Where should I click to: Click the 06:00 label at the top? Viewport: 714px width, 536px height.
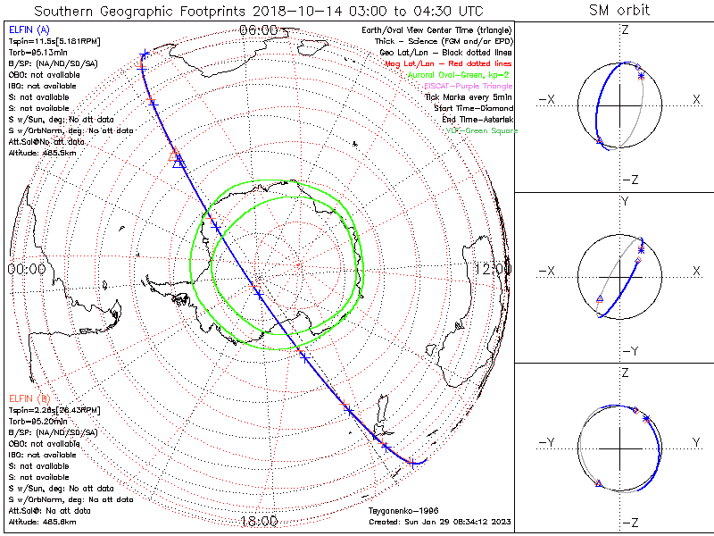pos(258,29)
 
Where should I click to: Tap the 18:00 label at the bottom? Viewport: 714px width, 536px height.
pos(258,521)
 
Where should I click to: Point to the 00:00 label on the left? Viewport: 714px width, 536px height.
pos(26,268)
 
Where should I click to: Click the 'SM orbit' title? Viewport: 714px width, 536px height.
pos(619,11)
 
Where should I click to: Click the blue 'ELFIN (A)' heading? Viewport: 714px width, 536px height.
pos(29,30)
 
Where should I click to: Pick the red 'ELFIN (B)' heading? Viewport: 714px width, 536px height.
pos(29,398)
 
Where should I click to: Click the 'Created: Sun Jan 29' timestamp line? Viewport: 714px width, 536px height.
pos(438,522)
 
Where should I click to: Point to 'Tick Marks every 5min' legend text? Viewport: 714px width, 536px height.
pos(470,96)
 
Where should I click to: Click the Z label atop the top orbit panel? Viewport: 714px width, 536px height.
pos(624,30)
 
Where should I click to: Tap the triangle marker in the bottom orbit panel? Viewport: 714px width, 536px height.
pos(599,483)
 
